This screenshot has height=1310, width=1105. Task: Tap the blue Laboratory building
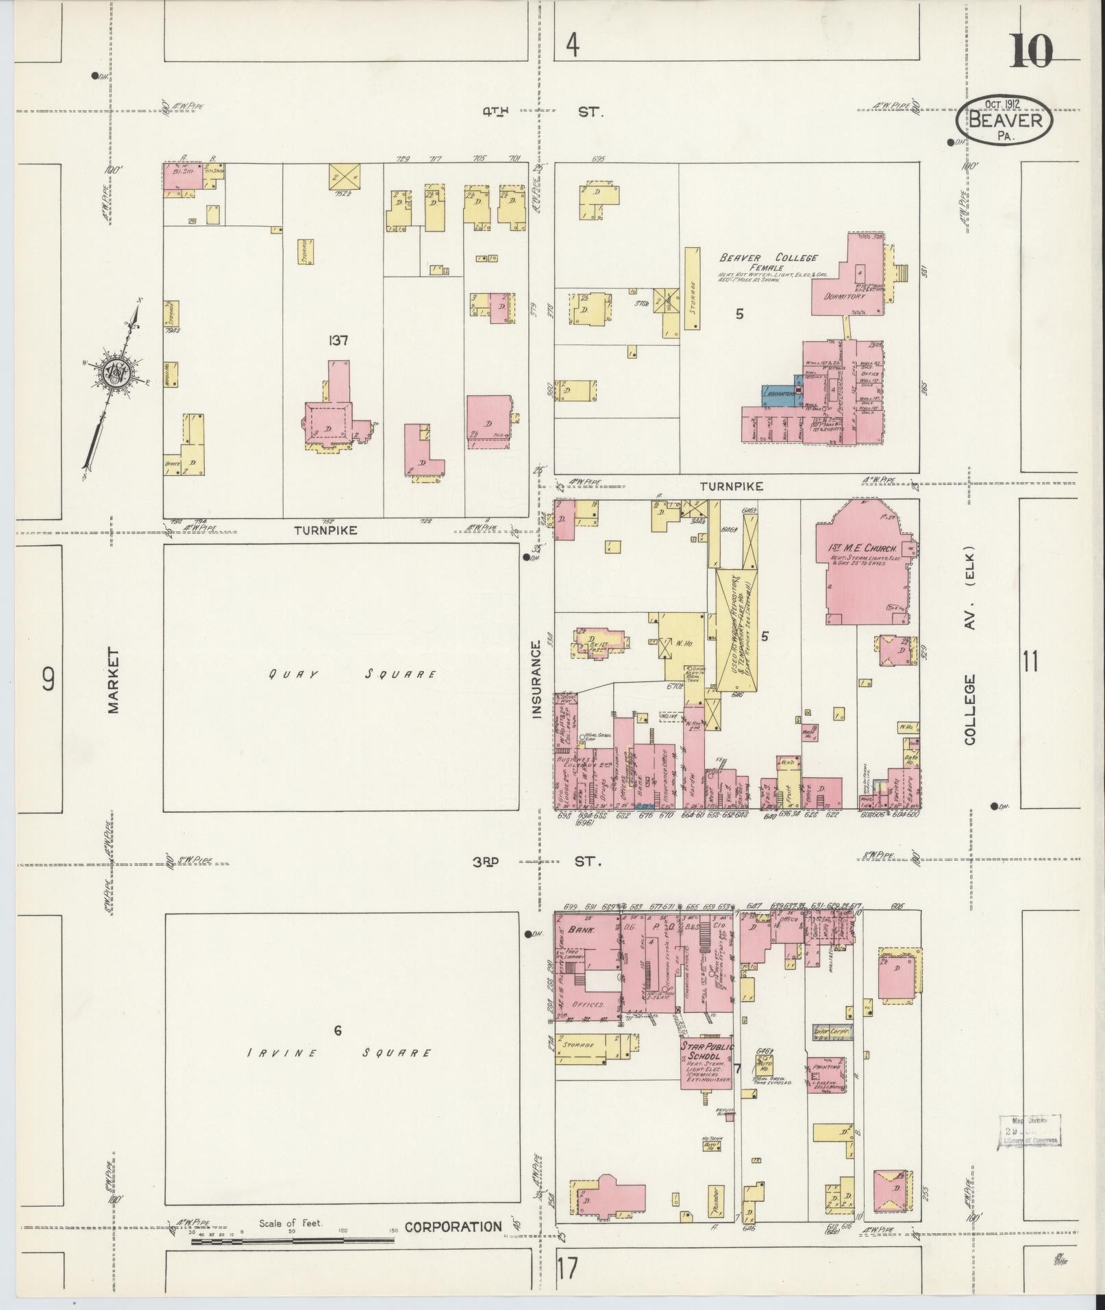(778, 394)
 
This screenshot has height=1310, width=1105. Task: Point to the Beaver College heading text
(767, 258)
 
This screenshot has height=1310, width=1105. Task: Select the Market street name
(113, 681)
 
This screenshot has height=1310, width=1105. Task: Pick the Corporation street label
(453, 1226)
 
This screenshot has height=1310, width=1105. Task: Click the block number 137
(338, 340)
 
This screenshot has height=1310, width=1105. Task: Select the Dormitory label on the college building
(844, 297)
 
